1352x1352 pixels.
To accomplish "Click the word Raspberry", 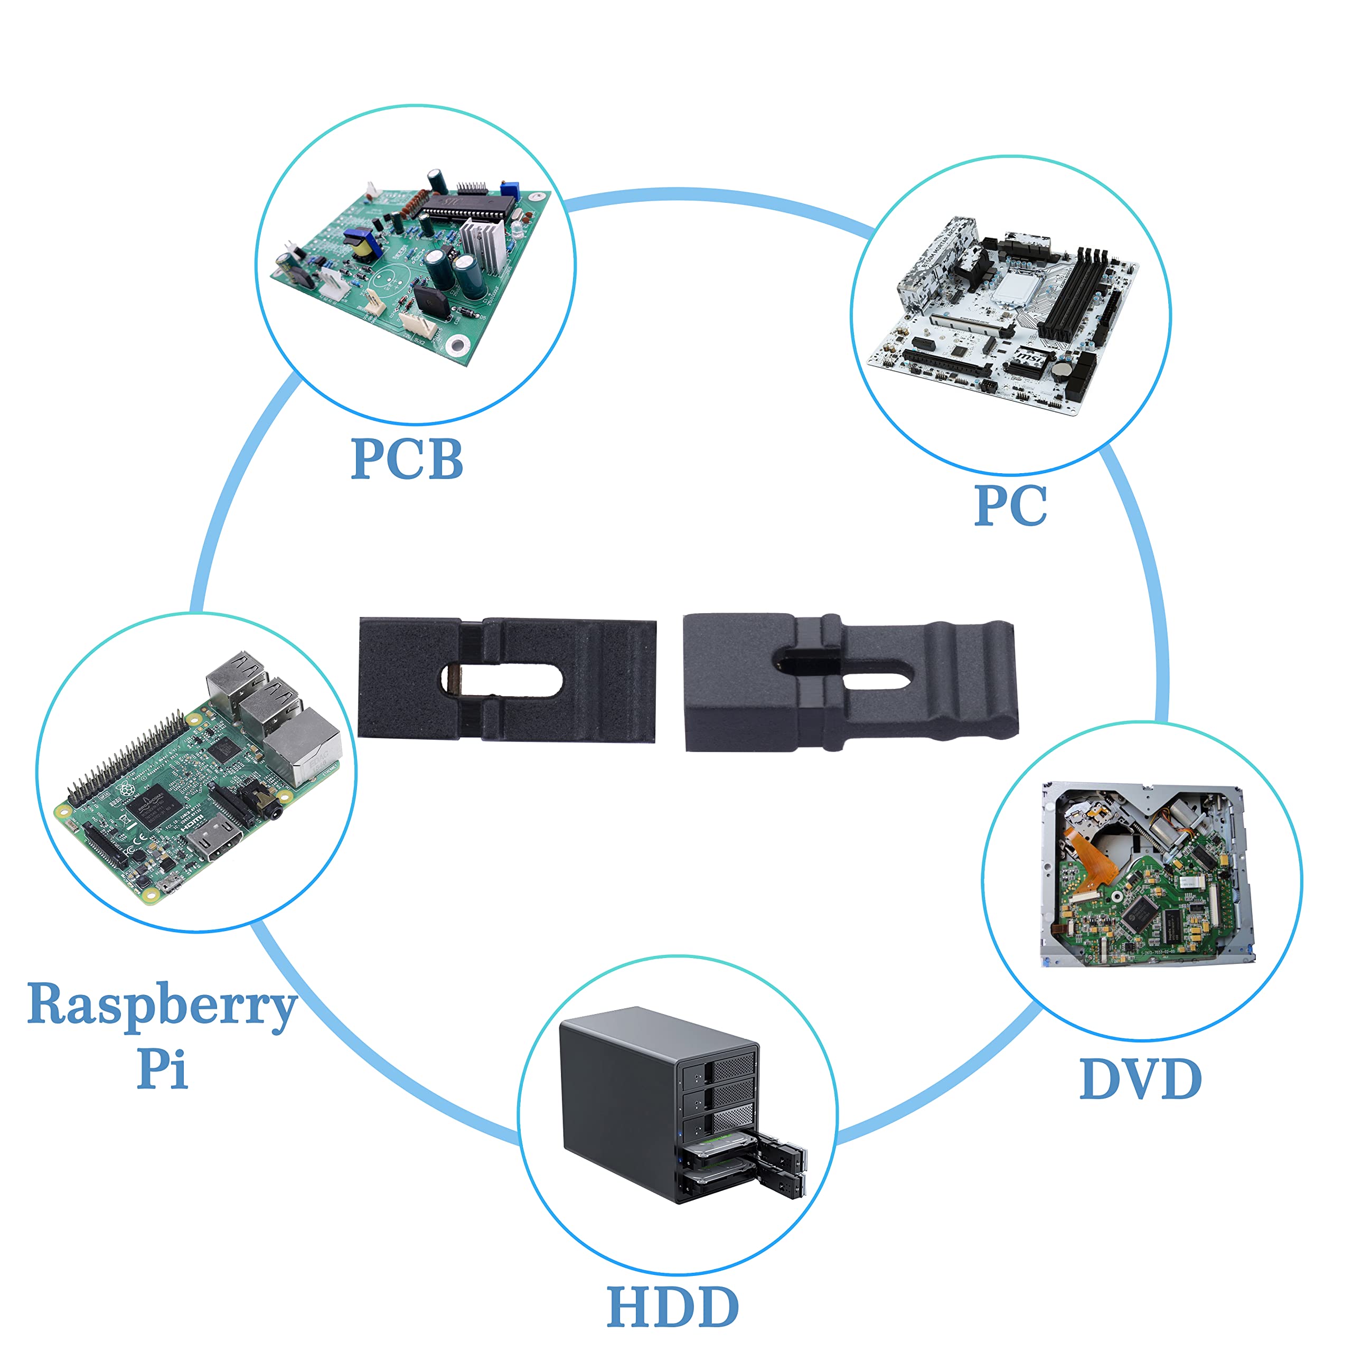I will point(162,1006).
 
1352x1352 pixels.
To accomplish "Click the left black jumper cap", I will point(506,679).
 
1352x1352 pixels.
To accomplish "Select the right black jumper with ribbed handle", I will point(850,682).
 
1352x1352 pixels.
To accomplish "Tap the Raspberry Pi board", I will point(196,777).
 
